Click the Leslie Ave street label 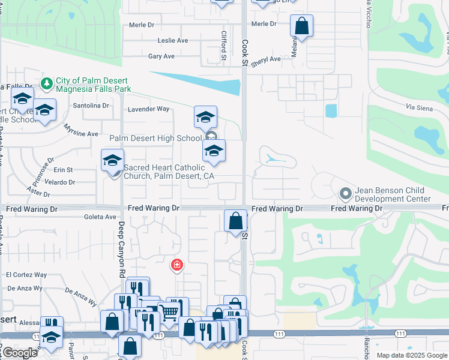(x=173, y=41)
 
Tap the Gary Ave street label (x=161, y=56)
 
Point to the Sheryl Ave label (x=266, y=60)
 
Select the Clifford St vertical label (x=223, y=46)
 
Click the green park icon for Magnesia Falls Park (x=46, y=82)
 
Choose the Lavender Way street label (x=149, y=109)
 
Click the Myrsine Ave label (x=80, y=134)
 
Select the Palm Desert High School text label (x=155, y=139)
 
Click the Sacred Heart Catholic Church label (x=169, y=172)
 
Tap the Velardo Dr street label (x=59, y=182)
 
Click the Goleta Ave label (x=101, y=217)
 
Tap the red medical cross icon (x=177, y=265)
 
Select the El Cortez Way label (x=26, y=275)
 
